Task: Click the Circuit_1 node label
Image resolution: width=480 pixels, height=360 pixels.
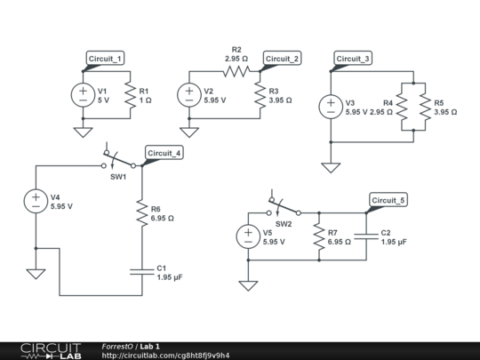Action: pos(105,59)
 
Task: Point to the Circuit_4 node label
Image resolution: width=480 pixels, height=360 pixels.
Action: pos(164,153)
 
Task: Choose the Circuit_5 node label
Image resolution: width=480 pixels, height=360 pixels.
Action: pos(388,200)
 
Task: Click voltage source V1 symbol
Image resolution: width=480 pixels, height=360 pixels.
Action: pos(83,94)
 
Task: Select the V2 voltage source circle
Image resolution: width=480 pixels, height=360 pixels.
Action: pos(189,94)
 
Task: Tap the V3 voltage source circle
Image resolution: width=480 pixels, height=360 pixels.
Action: pos(331,107)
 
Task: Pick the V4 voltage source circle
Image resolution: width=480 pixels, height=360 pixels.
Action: pos(36,201)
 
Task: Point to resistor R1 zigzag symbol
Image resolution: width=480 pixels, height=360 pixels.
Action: pos(131,94)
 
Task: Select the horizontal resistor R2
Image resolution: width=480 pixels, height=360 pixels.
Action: pos(236,70)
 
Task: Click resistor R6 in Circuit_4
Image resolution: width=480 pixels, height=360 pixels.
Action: pos(141,212)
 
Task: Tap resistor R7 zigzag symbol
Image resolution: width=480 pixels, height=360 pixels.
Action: pos(318,236)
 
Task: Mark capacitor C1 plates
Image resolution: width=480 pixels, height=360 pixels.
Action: pos(141,271)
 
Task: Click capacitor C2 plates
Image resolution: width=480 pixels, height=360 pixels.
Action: pos(366,236)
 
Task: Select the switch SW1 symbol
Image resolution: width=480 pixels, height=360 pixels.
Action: pos(117,162)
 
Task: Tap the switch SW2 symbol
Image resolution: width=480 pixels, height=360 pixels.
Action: pos(283,210)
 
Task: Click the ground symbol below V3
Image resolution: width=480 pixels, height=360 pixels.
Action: pos(331,167)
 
